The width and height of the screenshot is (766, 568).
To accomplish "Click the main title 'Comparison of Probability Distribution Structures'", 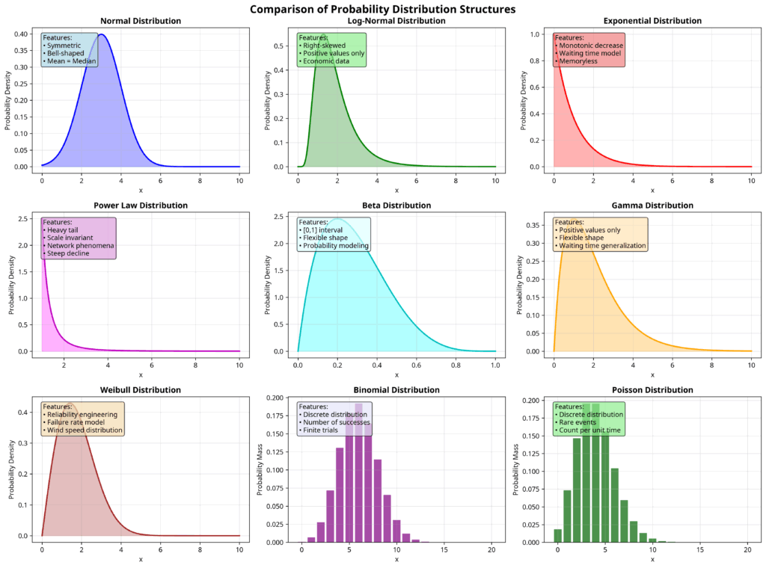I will tap(382, 9).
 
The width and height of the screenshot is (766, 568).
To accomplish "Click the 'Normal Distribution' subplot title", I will tap(140, 21).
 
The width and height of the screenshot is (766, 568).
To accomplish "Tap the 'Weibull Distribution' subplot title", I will tap(140, 390).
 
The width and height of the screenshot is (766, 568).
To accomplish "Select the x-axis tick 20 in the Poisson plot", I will tap(747, 550).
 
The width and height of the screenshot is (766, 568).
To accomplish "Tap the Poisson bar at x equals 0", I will tap(557, 535).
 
